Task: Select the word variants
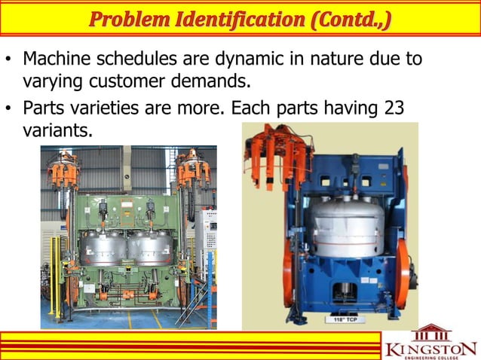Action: [57, 130]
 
